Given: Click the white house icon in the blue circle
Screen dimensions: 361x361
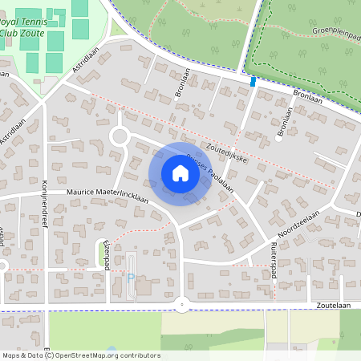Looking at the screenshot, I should coord(180,173).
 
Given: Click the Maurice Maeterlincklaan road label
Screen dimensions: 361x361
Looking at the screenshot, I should coord(107,193).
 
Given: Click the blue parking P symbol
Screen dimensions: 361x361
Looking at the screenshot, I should coord(131,278).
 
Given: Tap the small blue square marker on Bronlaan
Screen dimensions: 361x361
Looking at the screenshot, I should coord(254,81).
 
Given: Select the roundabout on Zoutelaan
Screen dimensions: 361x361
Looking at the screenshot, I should coord(183,304).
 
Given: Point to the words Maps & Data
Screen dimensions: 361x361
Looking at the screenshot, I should coord(22,355).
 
